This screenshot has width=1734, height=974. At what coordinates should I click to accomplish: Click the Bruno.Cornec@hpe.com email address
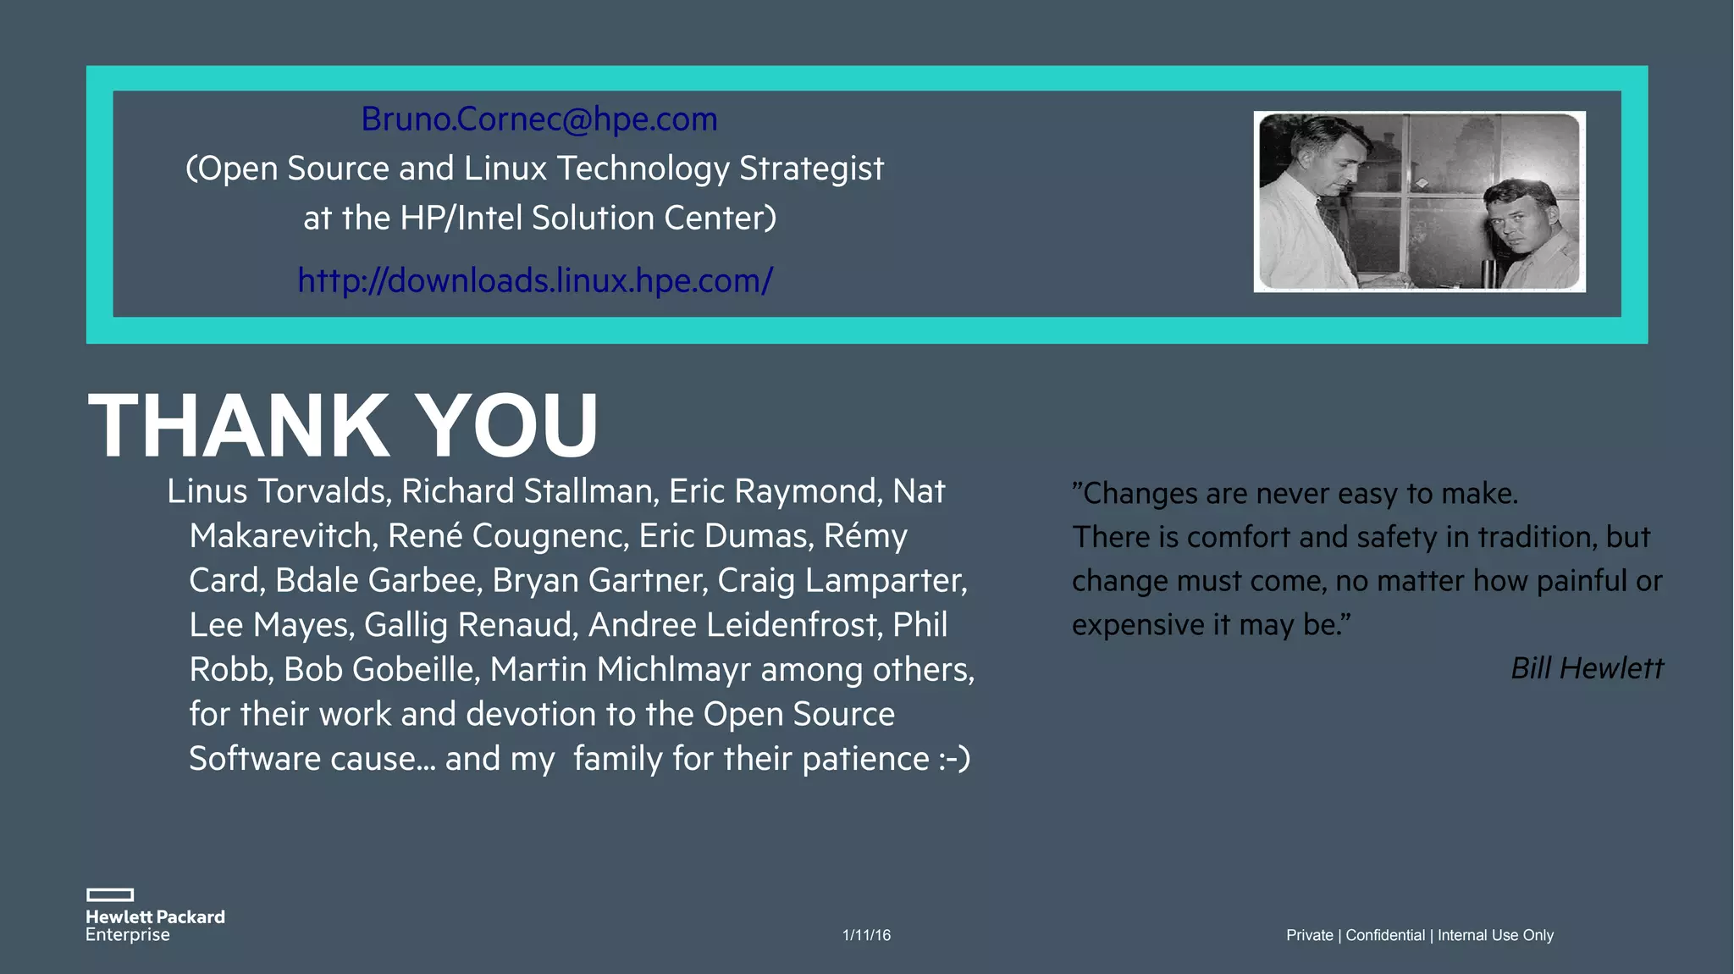pos(539,119)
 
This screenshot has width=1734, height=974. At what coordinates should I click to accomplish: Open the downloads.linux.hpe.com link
pos(535,280)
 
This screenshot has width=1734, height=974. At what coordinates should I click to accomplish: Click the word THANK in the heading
pos(238,426)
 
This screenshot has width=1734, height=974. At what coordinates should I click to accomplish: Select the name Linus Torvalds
pos(278,491)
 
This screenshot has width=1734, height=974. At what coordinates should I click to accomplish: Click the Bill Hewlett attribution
pos(1587,668)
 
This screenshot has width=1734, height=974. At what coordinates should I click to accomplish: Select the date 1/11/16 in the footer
pos(866,935)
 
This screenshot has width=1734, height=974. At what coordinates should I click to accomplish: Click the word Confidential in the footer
pos(1385,935)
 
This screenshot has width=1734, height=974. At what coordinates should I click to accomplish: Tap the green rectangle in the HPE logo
pos(110,894)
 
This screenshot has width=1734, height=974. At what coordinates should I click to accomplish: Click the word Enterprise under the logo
pos(128,935)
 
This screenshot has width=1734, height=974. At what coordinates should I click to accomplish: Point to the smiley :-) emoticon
pos(954,759)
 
